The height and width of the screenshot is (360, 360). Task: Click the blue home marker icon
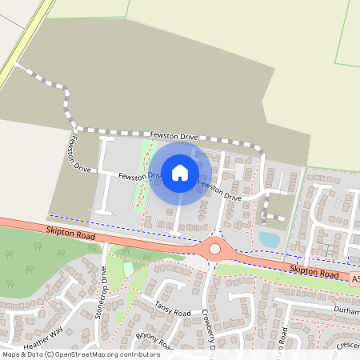point(180,172)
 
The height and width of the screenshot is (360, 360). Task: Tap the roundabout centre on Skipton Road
point(214,249)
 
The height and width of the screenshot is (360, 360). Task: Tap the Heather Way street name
point(43,340)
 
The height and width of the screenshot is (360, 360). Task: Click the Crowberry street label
point(210,328)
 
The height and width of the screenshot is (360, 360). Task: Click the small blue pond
point(270,238)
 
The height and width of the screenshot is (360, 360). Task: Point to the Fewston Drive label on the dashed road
point(173,137)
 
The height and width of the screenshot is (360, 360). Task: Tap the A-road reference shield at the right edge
point(354,280)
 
